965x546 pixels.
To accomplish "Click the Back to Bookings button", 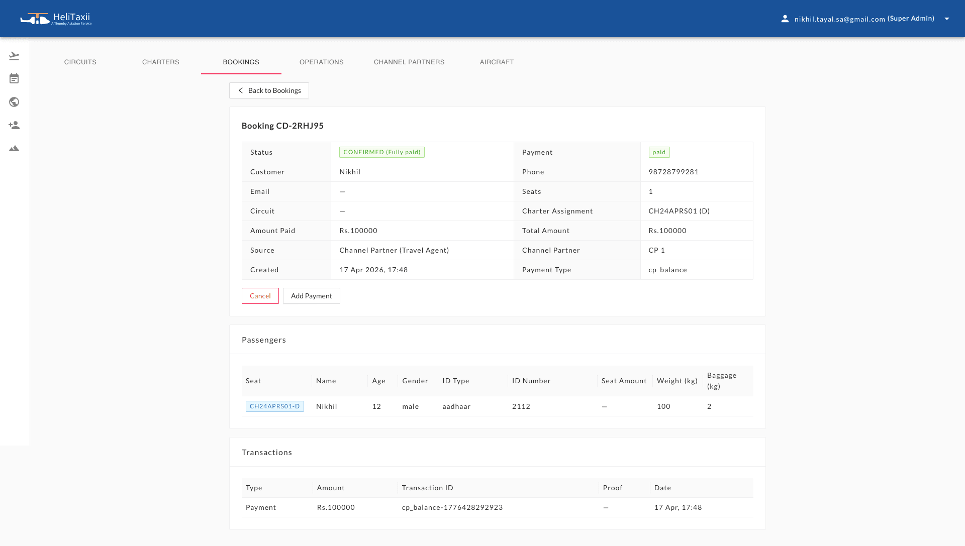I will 269,90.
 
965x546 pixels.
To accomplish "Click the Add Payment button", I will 311,296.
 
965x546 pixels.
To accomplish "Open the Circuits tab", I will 80,62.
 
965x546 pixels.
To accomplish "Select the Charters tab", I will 161,62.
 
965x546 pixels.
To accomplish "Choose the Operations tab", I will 322,62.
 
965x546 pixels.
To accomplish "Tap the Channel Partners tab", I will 409,62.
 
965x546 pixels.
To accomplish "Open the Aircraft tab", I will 497,62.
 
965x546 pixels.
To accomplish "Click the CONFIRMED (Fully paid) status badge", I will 381,152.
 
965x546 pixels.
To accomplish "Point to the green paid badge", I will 659,152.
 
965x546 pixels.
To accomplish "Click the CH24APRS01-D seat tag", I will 274,406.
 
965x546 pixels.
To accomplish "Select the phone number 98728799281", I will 673,172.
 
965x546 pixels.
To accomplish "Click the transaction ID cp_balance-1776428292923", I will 452,507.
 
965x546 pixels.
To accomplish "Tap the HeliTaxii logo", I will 56,19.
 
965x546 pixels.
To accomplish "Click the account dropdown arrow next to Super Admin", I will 947,19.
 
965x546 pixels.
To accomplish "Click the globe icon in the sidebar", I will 14,102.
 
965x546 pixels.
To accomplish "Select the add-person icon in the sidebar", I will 14,125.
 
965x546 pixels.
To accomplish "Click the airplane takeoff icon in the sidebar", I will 14,56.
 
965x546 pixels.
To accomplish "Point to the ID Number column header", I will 531,381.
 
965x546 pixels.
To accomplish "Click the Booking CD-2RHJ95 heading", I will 282,126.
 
